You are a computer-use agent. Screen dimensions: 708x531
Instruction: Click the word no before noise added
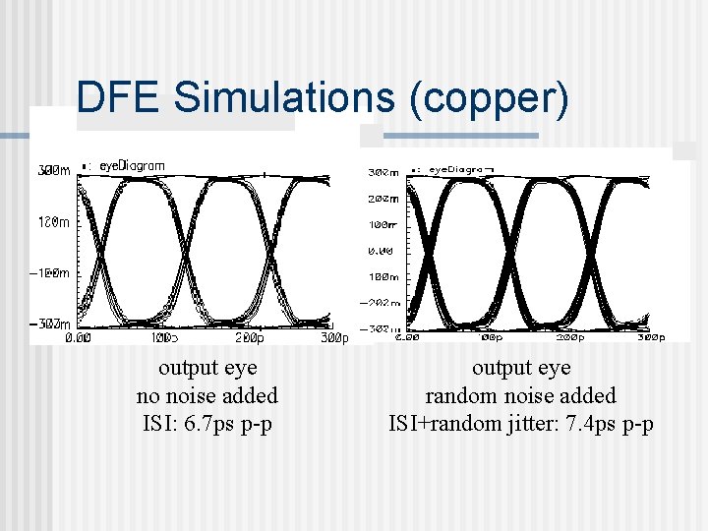(149, 395)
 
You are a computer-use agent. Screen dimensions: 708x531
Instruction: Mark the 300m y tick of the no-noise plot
(54, 171)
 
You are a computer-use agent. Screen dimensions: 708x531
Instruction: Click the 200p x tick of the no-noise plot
(252, 337)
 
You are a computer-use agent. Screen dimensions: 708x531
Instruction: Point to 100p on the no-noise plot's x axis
(164, 337)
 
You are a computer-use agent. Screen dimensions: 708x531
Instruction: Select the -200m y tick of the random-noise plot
(383, 303)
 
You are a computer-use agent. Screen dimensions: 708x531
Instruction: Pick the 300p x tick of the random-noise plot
(650, 336)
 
